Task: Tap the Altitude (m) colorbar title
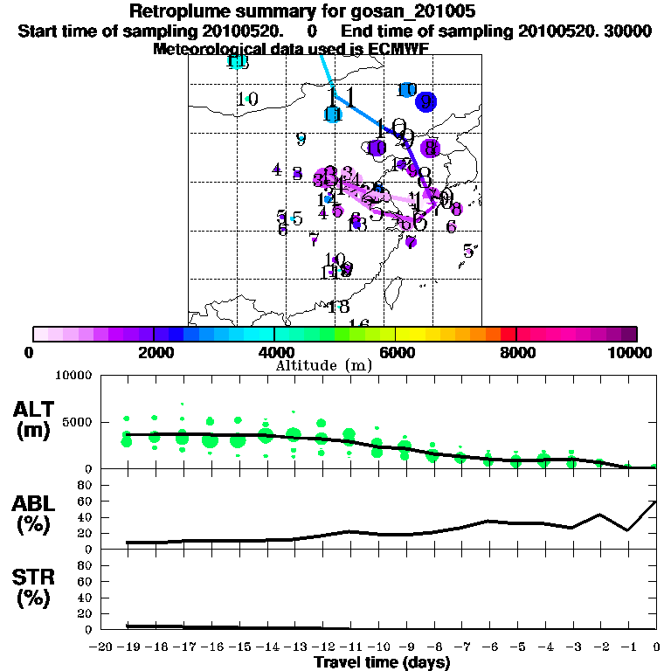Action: (323, 364)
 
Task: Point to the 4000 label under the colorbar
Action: (274, 352)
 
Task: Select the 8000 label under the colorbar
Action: (516, 352)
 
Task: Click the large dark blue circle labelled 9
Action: (425, 101)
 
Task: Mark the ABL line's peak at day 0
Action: (655, 502)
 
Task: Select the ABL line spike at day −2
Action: (599, 515)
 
